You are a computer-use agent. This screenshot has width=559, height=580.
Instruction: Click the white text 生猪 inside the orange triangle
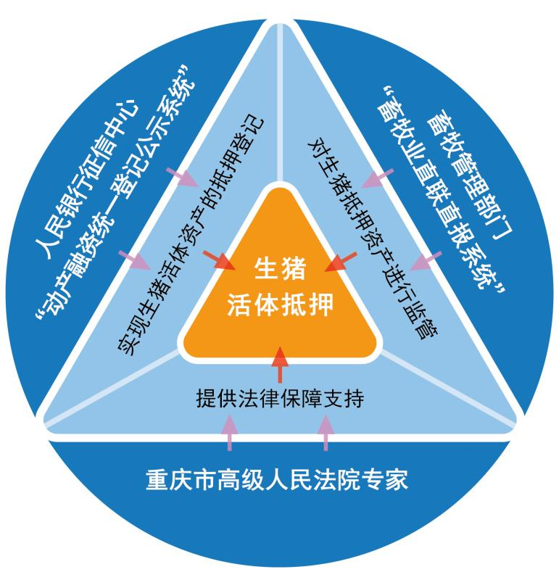[x=280, y=269]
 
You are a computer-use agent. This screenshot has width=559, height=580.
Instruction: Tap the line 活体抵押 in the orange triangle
[x=280, y=304]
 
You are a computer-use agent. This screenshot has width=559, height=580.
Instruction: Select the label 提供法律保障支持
[x=280, y=398]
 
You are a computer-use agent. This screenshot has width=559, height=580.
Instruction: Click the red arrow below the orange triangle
[x=280, y=365]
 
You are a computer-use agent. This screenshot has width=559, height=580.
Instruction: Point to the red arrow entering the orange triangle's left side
[x=219, y=260]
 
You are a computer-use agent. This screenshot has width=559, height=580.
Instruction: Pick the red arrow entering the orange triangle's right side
[x=341, y=262]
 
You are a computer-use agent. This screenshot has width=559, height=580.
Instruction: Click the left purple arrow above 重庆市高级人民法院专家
[x=230, y=433]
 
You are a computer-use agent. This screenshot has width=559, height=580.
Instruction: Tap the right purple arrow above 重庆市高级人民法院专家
[x=326, y=433]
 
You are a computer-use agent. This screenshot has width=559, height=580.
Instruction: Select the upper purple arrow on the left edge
[x=182, y=177]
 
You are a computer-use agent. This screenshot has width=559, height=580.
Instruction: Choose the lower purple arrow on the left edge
[x=134, y=260]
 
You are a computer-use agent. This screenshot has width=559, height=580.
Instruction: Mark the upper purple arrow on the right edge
[x=377, y=178]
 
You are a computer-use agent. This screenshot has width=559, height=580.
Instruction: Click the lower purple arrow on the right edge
[x=426, y=261]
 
